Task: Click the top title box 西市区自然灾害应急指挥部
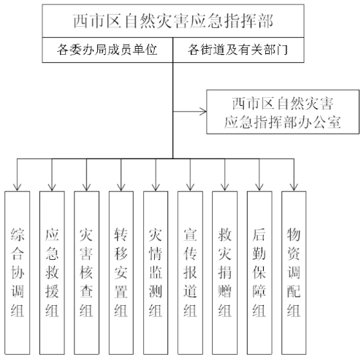click(x=173, y=21)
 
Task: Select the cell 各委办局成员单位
click(x=107, y=50)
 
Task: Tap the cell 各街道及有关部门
click(x=238, y=50)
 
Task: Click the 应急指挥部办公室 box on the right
click(x=283, y=112)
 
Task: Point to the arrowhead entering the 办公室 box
click(x=204, y=112)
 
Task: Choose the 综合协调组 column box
click(x=18, y=273)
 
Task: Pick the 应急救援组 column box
click(x=52, y=273)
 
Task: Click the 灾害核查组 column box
click(x=86, y=273)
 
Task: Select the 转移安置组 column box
click(x=121, y=273)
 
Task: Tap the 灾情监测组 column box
click(x=156, y=273)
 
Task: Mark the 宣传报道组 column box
click(x=190, y=273)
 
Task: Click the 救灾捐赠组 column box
click(x=224, y=273)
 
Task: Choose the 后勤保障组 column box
click(x=259, y=273)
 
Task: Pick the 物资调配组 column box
click(x=294, y=273)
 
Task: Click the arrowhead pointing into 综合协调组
click(x=17, y=188)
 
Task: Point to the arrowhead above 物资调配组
click(x=294, y=188)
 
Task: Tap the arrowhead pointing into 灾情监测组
click(x=156, y=188)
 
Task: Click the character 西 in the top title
click(x=81, y=21)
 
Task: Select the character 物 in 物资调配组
click(x=294, y=234)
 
